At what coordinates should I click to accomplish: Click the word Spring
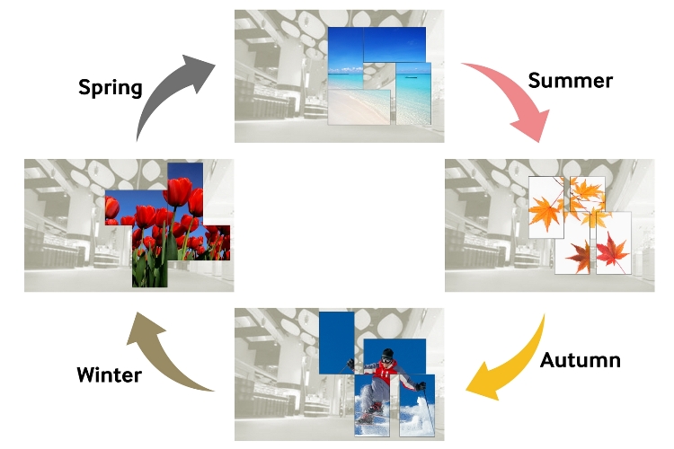tap(111, 87)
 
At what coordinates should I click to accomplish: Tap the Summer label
tap(571, 80)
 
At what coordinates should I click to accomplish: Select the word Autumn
tap(581, 360)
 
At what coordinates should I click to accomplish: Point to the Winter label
tap(109, 374)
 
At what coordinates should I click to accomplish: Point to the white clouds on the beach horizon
tap(346, 65)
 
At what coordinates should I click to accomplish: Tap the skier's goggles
tap(386, 361)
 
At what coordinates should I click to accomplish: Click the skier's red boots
tap(368, 415)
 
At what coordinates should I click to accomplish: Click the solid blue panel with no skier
tap(337, 341)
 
